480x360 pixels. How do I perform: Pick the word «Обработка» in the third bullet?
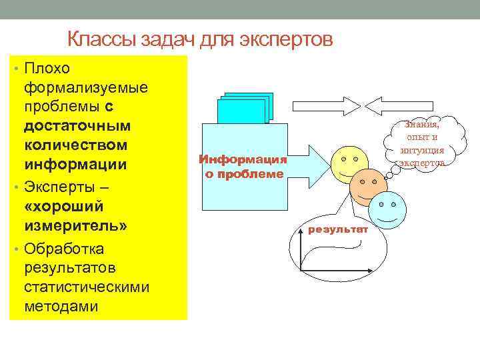(63, 249)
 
